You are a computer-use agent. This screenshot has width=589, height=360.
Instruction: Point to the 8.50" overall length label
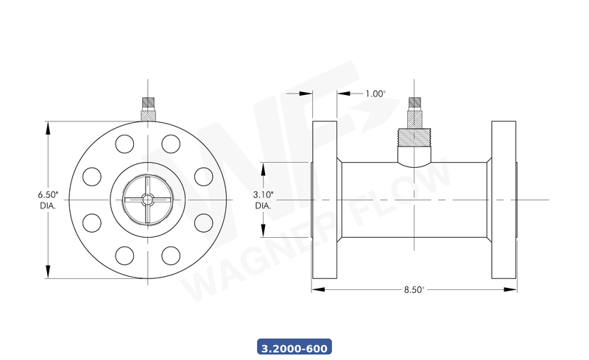[x=414, y=290]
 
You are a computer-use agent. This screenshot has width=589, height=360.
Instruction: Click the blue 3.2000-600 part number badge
[x=294, y=346]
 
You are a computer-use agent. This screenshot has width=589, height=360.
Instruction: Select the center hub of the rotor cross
[x=147, y=200]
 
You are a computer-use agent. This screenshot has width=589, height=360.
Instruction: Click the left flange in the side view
[x=325, y=200]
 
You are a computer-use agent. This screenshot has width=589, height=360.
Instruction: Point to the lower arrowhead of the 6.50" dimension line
[x=49, y=273]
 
